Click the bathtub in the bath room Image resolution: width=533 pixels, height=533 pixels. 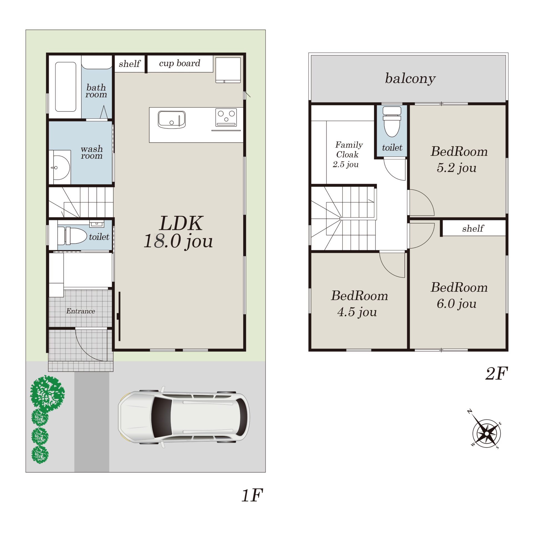[x=66, y=87]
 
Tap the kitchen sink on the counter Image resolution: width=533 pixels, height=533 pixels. [x=172, y=119]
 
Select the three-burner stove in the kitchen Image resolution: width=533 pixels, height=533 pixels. [x=226, y=117]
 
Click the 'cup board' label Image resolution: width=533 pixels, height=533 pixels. [x=180, y=63]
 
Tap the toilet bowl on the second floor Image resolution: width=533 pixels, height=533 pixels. [x=392, y=122]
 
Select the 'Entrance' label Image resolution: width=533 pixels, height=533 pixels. [x=81, y=311]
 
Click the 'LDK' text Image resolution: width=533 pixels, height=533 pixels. [x=181, y=224]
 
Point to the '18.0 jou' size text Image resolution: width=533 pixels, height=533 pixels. [x=178, y=241]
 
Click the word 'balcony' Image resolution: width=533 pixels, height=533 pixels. [x=410, y=79]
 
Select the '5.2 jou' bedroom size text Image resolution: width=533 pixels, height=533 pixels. [x=457, y=168]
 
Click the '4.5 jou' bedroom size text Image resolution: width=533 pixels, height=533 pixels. [x=357, y=312]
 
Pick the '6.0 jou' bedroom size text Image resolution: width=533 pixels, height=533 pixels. [x=457, y=304]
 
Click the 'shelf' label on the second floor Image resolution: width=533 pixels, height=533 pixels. [x=473, y=228]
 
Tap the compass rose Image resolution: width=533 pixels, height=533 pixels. [x=487, y=433]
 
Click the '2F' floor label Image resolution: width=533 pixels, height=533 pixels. [x=497, y=373]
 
